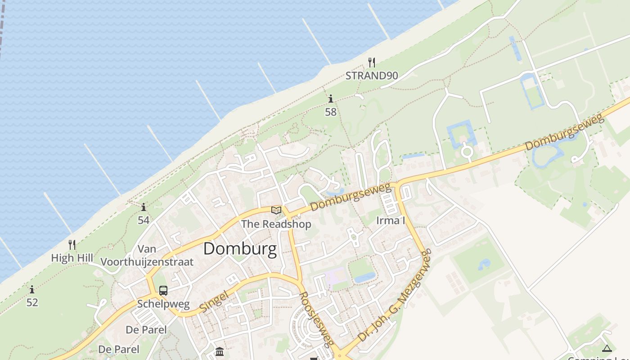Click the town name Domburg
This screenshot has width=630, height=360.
[x=240, y=249]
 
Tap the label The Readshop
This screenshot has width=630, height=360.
[x=276, y=224]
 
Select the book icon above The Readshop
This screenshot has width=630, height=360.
[x=276, y=210]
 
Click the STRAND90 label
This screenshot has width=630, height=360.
[x=372, y=76]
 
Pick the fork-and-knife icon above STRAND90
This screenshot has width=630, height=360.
[x=372, y=62]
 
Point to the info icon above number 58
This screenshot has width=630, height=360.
[x=331, y=99]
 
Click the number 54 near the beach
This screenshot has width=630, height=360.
[x=144, y=220]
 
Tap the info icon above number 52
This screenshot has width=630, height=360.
[x=32, y=289]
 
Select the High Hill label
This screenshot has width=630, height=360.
[x=72, y=258]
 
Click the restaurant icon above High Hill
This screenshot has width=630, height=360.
[x=72, y=244]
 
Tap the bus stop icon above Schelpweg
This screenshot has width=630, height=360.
[x=163, y=291]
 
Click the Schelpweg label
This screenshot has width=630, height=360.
[x=163, y=304]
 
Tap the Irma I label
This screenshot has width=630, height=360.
[x=391, y=220]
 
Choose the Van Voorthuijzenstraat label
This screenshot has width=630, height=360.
[x=147, y=255]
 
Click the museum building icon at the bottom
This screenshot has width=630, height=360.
[x=220, y=351]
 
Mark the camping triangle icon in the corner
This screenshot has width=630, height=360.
[x=607, y=348]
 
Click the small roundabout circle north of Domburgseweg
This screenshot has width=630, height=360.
[x=467, y=152]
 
